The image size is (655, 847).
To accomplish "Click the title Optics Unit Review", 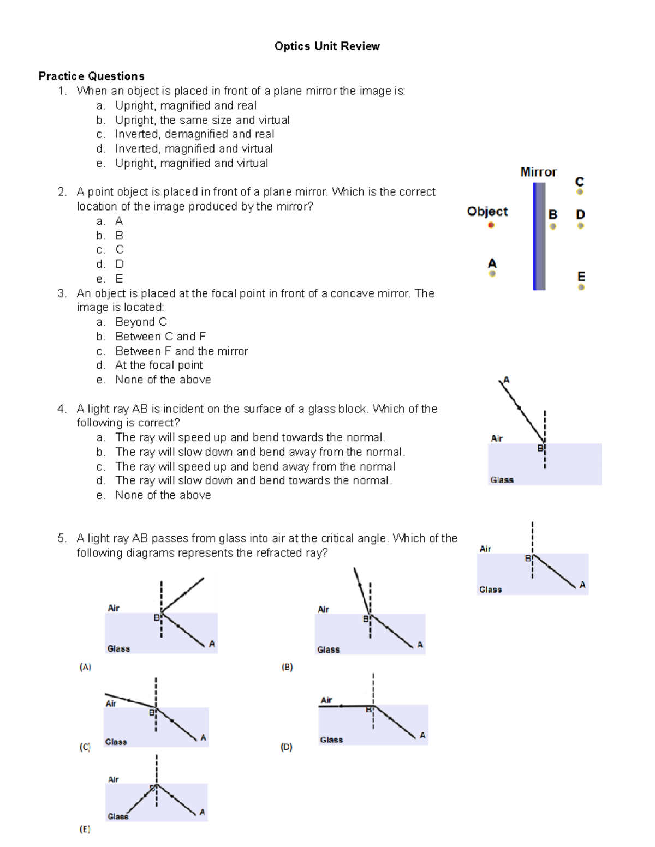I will pos(327,46).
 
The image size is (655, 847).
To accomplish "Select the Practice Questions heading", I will pos(91,76).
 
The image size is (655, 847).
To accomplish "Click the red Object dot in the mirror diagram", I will pos(491,225).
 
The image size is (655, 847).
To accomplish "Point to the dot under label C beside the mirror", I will pos(580,191).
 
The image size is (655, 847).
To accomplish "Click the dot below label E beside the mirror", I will pos(581,287).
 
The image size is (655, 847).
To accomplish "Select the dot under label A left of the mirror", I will pos(492,273).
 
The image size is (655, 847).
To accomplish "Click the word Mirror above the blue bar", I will pos(538,172).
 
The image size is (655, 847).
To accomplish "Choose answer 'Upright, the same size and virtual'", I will pos(202,120).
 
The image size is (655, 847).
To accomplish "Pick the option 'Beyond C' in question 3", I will pos(141,322).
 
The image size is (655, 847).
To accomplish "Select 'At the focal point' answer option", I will pos(159,365).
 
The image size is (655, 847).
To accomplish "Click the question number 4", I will pos(62,409).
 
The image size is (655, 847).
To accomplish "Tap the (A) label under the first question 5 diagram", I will pos(85,667).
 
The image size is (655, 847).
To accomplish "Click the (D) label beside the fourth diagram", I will pos(287,747).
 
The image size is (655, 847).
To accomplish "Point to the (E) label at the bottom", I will pos(85,829).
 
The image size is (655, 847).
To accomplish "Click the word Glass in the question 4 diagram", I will pos(502,480).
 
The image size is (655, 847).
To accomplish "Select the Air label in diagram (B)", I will pos(323,609).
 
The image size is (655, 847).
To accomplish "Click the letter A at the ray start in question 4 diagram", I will pos(506,380).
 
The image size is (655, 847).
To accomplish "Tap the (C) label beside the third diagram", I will pos(85,747).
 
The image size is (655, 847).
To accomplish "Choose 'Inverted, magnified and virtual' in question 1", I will pos(194,148).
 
